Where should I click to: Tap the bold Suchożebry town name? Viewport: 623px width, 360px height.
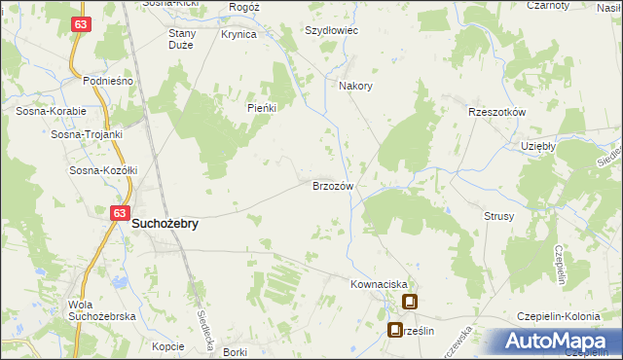pyautogui.click(x=165, y=224)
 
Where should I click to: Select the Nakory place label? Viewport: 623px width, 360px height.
pyautogui.click(x=355, y=86)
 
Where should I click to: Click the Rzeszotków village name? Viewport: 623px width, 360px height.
pyautogui.click(x=496, y=112)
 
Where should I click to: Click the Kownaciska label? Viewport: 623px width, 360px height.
pyautogui.click(x=377, y=284)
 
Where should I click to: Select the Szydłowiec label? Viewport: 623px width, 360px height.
pyautogui.click(x=333, y=30)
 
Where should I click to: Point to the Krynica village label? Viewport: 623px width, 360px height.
pyautogui.click(x=238, y=34)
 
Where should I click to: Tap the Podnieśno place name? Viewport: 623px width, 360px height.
pyautogui.click(x=107, y=81)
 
